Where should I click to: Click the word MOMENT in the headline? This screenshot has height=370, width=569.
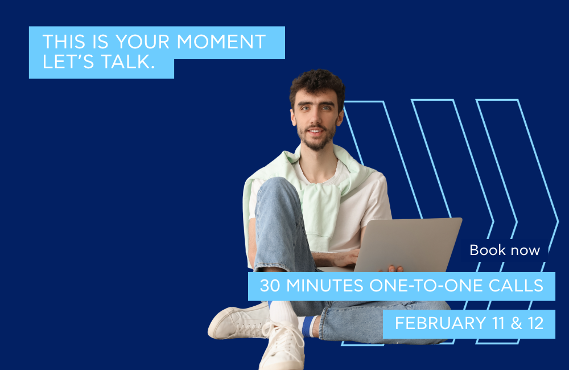pos(221,42)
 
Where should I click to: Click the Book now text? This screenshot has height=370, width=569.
pos(505,250)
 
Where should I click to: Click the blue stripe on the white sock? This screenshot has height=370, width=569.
pos(308,327)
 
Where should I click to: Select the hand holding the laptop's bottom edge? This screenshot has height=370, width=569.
pos(394,268)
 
